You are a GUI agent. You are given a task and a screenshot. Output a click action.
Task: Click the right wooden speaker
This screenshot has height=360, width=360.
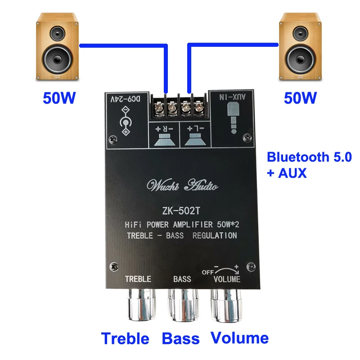301,46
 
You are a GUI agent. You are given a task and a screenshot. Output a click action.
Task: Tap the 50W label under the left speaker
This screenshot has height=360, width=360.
58,98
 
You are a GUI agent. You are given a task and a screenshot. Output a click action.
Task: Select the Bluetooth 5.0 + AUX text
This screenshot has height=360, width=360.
309,165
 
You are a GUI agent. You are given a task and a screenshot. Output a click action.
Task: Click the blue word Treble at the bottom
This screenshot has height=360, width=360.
125,338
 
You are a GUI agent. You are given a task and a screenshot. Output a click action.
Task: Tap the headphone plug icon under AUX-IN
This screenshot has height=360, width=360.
234,118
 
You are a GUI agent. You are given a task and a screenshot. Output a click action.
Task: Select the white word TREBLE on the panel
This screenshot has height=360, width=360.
138,279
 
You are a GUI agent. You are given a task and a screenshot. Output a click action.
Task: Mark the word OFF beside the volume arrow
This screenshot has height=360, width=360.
207,271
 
